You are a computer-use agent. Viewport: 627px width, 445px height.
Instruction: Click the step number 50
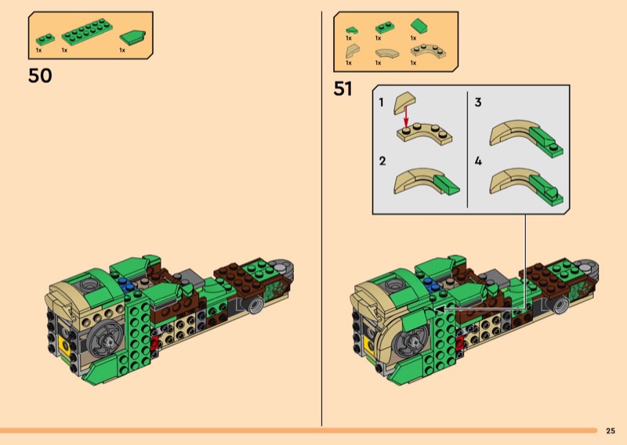[x=40, y=75]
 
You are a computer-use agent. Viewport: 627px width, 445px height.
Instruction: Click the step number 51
[x=342, y=89]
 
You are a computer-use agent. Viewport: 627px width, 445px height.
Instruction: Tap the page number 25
[x=611, y=431]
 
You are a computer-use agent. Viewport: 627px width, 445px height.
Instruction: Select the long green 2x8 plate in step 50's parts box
[x=87, y=31]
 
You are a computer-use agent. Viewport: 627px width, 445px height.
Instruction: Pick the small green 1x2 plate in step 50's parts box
[x=45, y=39]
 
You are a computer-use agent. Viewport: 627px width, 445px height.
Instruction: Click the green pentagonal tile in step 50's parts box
[x=132, y=36]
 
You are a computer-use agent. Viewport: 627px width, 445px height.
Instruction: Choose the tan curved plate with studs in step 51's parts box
[x=428, y=51]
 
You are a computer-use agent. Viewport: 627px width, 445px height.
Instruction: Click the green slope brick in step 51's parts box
[x=419, y=26]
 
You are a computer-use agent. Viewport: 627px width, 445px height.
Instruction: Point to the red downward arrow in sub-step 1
[x=406, y=117]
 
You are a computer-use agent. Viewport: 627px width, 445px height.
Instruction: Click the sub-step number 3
[x=478, y=103]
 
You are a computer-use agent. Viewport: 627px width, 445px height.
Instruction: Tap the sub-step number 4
[x=478, y=161]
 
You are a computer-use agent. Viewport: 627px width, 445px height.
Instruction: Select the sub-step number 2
[x=382, y=161]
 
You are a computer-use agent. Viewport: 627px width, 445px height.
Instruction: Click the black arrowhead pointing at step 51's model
[x=439, y=309]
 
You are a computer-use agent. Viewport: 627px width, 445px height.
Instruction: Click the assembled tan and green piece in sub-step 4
[x=526, y=186]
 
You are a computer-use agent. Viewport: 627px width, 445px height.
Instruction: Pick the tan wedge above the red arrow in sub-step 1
[x=404, y=102]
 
